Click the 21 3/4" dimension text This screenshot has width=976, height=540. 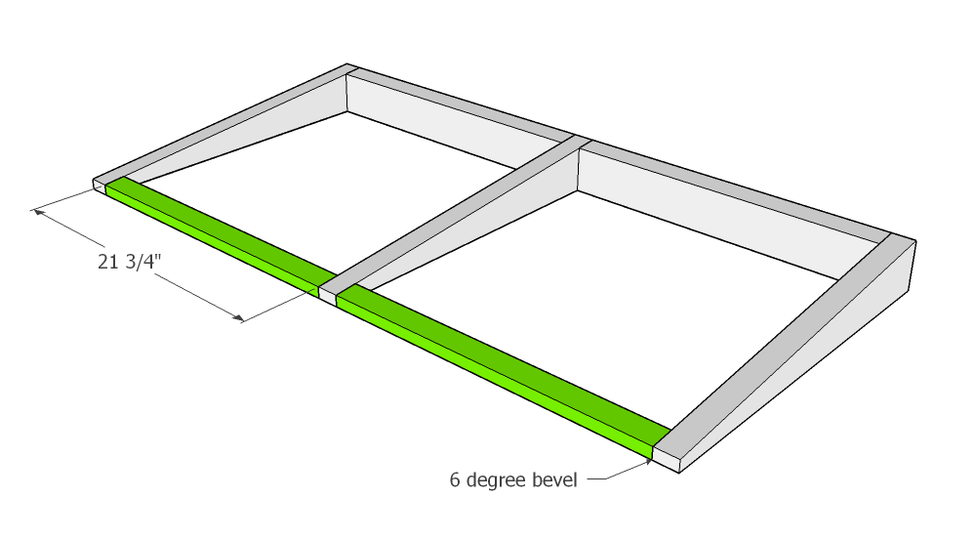(130, 262)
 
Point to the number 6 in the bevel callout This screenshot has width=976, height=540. (455, 480)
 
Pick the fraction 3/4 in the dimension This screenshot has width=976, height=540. (140, 262)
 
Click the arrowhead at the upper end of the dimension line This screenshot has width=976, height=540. (39, 213)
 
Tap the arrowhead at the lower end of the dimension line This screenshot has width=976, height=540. (238, 318)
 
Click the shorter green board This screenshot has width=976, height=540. (218, 234)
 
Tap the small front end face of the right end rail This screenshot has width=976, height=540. (666, 460)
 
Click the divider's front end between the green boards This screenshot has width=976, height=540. (327, 296)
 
